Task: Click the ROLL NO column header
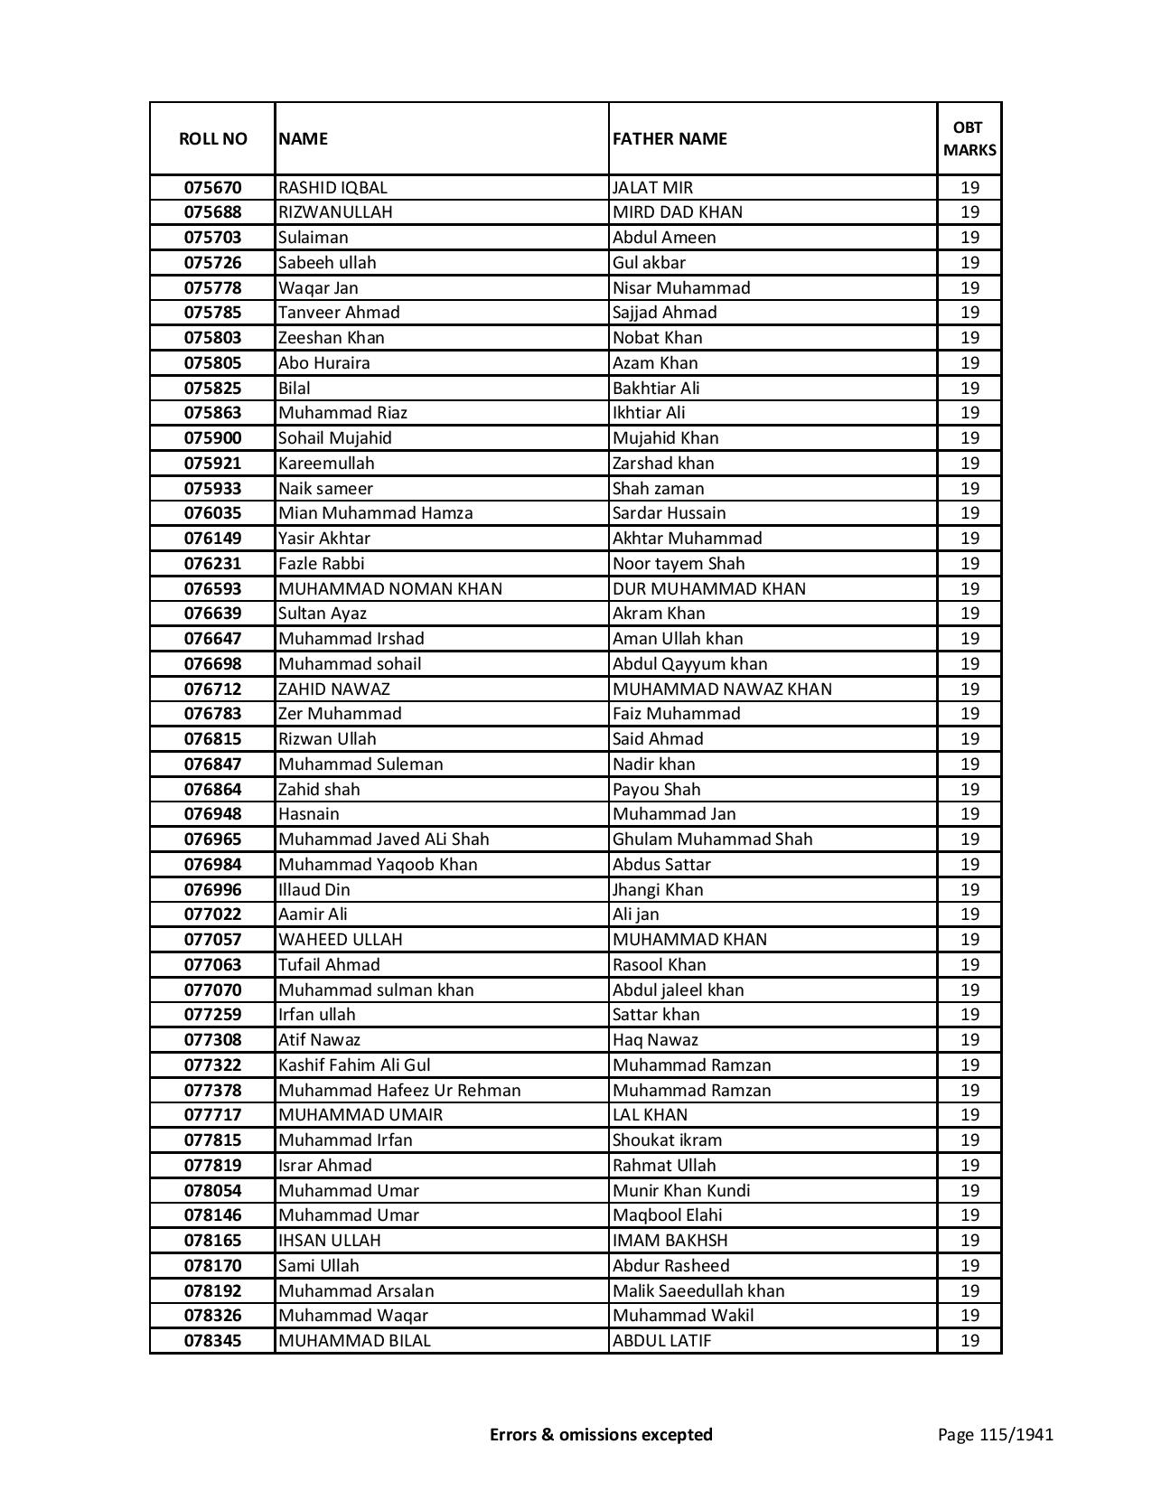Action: [212, 138]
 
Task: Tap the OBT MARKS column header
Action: [969, 138]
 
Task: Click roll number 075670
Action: [212, 188]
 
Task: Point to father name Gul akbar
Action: [649, 263]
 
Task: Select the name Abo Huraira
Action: [323, 363]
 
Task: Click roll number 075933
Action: [212, 489]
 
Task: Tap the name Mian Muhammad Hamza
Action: [375, 513]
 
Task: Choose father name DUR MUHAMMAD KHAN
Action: [708, 589]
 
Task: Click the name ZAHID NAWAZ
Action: [333, 689]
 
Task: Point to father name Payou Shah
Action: [656, 790]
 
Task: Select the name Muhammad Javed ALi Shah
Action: [383, 839]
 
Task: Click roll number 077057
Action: [212, 940]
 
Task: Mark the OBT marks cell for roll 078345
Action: [969, 1341]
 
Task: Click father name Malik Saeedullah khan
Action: [698, 1291]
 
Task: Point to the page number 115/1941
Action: [995, 1434]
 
